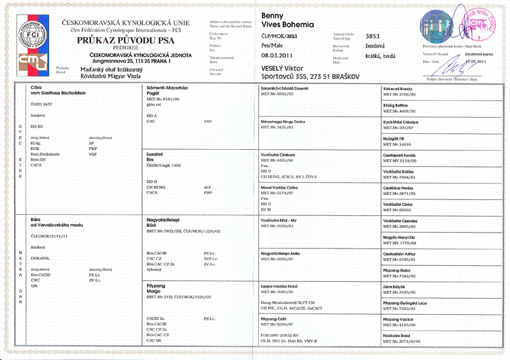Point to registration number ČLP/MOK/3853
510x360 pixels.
pyautogui.click(x=280, y=36)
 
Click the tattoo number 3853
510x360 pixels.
pyautogui.click(x=373, y=36)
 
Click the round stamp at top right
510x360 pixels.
pyautogui.click(x=482, y=24)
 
